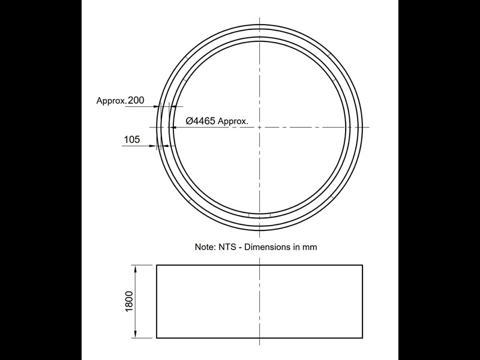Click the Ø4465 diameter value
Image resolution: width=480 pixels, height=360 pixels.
pos(200,121)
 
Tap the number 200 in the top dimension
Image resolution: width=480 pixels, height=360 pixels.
pos(136,101)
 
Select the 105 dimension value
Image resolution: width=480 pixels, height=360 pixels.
pos(131,140)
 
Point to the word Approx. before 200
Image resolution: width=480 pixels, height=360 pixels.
pos(111,101)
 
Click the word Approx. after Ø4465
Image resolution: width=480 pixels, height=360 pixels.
pos(233,121)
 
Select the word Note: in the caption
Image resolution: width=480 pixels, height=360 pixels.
pos(205,247)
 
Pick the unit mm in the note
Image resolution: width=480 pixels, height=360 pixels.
pos(310,247)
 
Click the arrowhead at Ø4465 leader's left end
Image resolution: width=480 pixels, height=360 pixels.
pos(173,127)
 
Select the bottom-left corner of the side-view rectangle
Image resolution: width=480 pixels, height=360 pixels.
pos(157,338)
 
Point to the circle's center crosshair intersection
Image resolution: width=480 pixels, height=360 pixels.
pos(260,127)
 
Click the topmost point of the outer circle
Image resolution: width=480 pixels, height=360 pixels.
pos(260,23)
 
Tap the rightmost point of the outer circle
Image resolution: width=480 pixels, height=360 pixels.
pos(363,127)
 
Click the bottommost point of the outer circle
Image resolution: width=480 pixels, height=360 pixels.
pos(260,230)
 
